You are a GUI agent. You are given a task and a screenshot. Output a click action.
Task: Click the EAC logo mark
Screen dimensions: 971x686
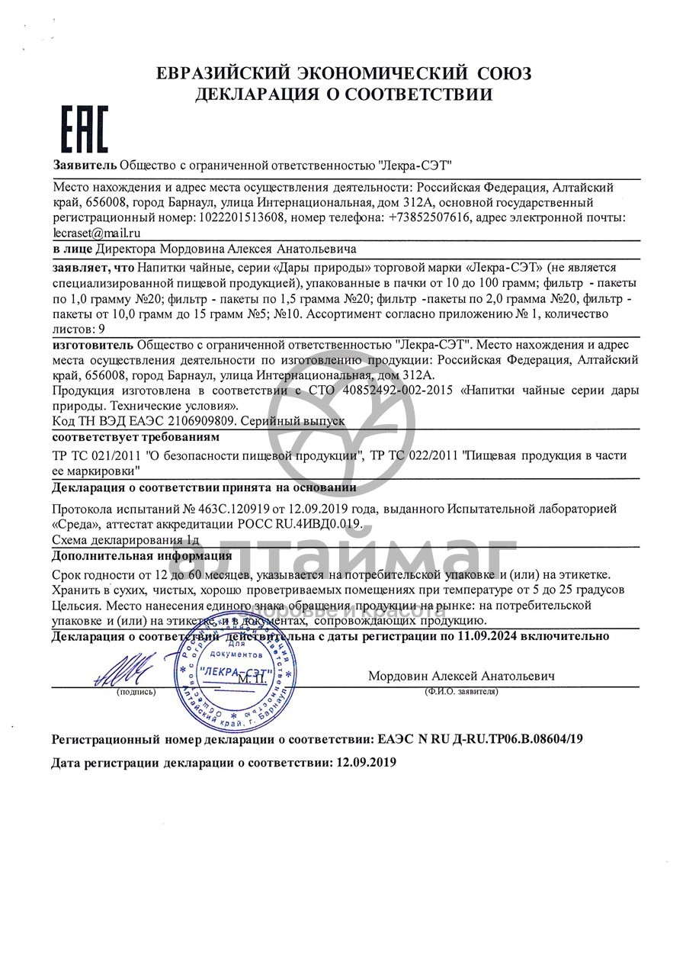click(85, 129)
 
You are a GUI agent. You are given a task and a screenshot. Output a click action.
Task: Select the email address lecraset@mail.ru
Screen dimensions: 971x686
click(97, 233)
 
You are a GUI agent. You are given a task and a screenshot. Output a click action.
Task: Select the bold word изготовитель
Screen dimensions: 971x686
click(93, 344)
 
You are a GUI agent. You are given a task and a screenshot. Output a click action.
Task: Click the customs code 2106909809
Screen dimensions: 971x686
click(197, 420)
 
